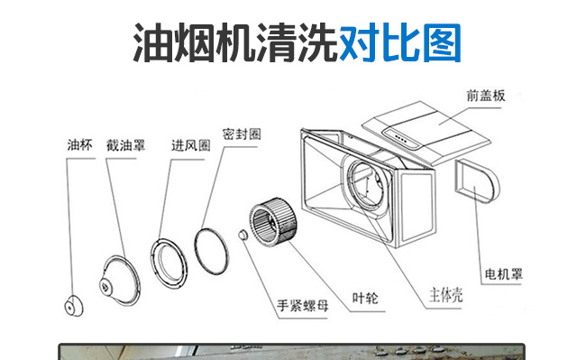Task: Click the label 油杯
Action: click(79, 145)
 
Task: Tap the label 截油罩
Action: click(125, 145)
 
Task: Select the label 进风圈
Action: click(190, 145)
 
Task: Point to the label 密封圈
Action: click(242, 134)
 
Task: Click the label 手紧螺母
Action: click(303, 305)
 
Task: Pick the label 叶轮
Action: click(365, 298)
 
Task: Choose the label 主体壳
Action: click(445, 295)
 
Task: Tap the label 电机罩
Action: click(503, 274)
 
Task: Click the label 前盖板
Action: click(486, 96)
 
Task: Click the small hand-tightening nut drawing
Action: click(243, 235)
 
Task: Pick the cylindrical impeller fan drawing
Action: click(273, 222)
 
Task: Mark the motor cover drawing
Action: click(477, 181)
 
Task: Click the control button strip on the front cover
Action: click(401, 139)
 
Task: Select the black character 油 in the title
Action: click(152, 42)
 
